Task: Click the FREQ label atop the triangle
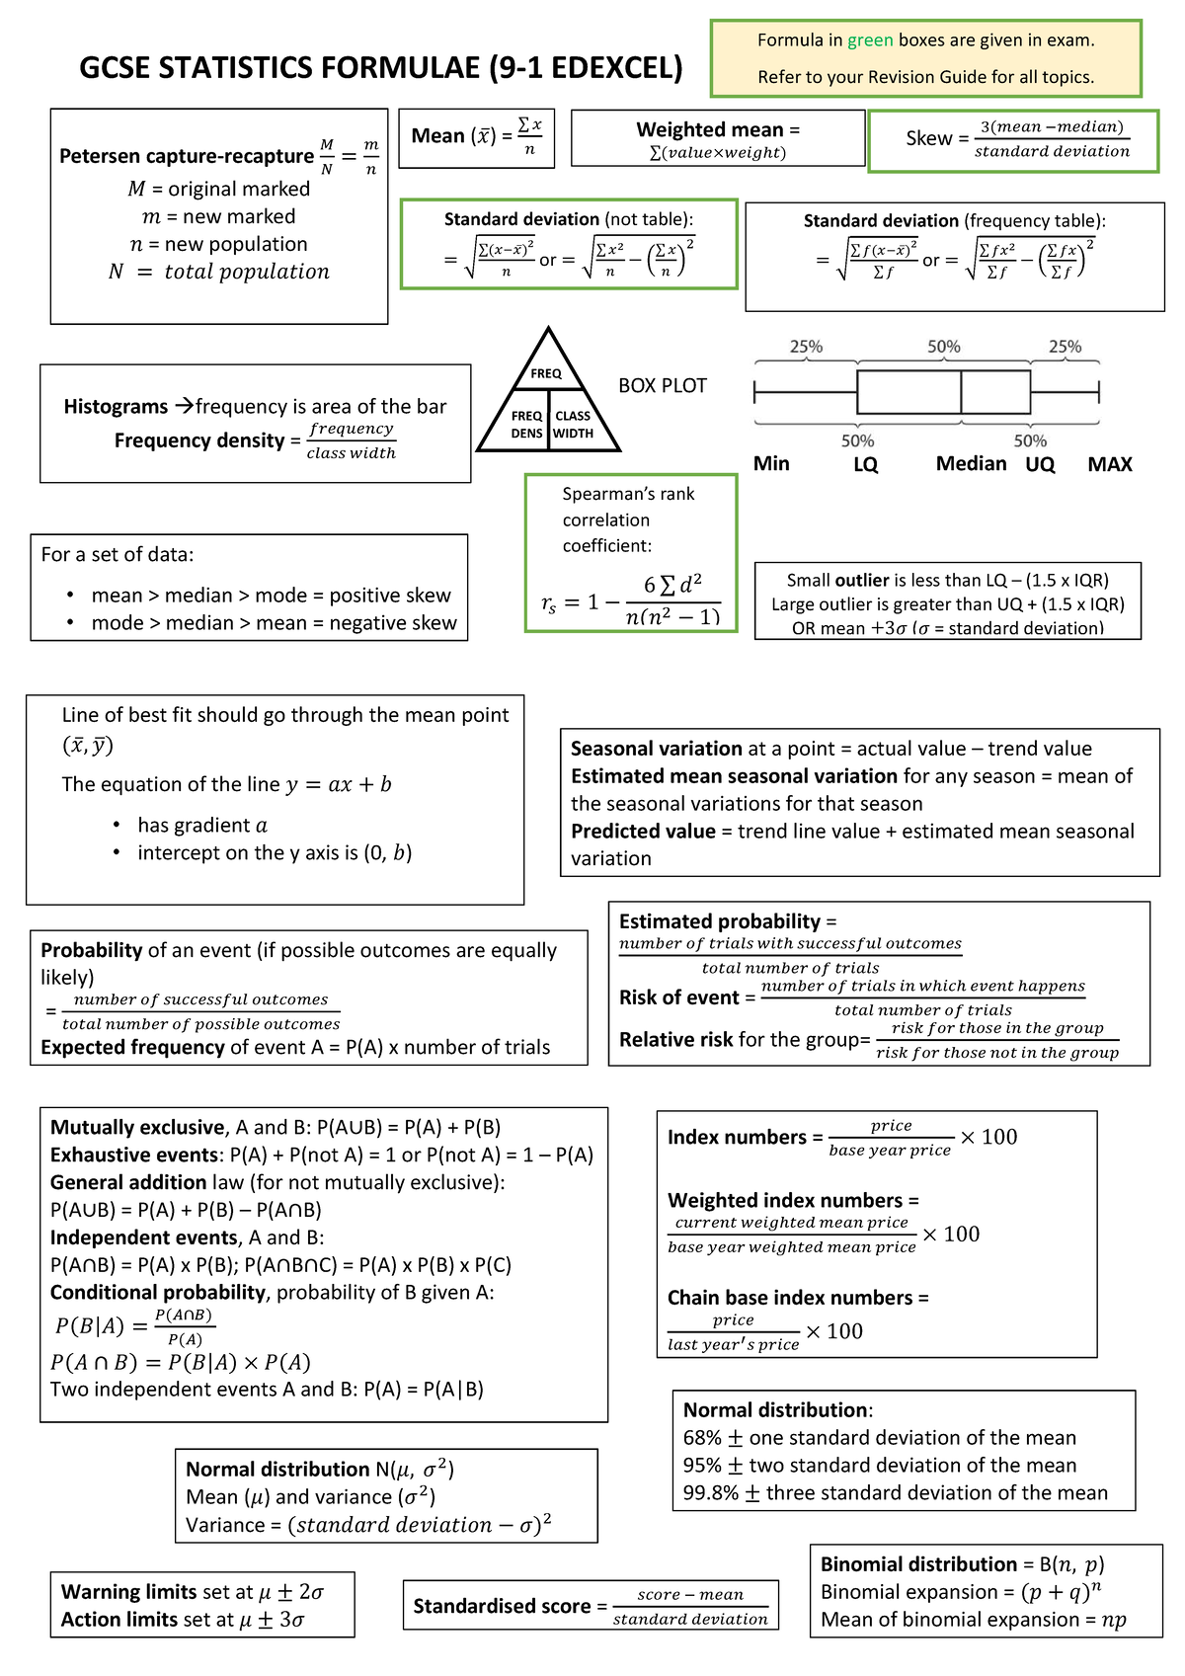(546, 373)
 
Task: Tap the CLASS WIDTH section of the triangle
(573, 425)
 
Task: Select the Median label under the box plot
(971, 464)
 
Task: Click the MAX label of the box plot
(1109, 464)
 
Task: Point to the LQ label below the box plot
(865, 464)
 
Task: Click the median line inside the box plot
(961, 392)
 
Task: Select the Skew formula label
(928, 139)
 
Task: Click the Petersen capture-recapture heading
(186, 156)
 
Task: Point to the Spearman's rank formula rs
(549, 602)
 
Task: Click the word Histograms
(116, 407)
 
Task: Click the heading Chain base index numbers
(790, 1298)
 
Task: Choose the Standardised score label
(502, 1607)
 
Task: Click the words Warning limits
(128, 1592)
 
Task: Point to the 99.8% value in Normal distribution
(710, 1493)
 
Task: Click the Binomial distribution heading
(918, 1564)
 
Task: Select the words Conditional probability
(158, 1293)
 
